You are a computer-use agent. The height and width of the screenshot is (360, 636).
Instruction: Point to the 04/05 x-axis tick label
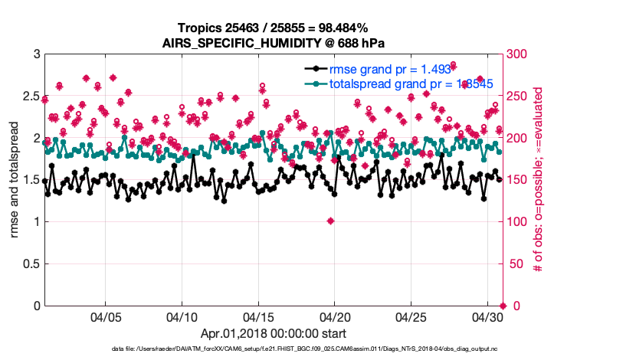pos(106,316)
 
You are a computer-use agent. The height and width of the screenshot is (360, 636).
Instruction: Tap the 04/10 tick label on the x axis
pos(182,316)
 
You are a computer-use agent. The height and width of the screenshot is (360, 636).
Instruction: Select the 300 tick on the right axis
pos(518,54)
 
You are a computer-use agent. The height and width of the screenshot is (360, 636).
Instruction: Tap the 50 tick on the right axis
pos(515,264)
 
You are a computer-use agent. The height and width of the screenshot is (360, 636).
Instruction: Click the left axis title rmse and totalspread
pos(14,180)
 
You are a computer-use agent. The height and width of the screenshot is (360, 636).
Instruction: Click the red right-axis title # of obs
pos(539,180)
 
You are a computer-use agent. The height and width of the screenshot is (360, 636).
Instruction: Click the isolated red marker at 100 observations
pos(330,221)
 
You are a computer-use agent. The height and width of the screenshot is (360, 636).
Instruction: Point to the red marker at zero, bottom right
pos(502,306)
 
